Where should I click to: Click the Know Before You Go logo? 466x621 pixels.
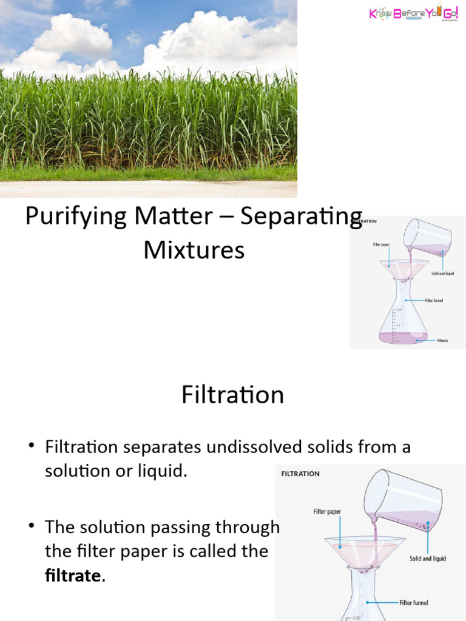(x=413, y=14)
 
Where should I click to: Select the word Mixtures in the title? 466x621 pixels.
(x=194, y=249)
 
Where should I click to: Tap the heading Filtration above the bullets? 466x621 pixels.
(x=232, y=395)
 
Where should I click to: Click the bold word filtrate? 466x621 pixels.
(x=73, y=576)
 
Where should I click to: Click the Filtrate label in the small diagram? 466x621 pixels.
(x=442, y=341)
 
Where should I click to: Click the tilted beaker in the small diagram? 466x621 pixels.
(x=428, y=238)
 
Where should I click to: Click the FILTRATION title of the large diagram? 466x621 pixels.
(x=300, y=474)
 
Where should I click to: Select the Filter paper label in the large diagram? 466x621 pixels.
(x=327, y=512)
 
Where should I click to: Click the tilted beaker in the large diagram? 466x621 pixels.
(x=404, y=498)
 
